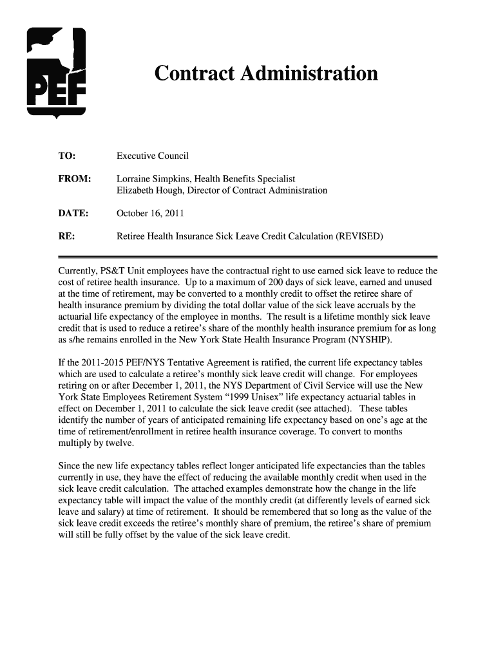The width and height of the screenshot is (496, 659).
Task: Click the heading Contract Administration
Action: pyautogui.click(x=265, y=74)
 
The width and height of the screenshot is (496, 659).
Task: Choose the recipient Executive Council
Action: pyautogui.click(x=152, y=156)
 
